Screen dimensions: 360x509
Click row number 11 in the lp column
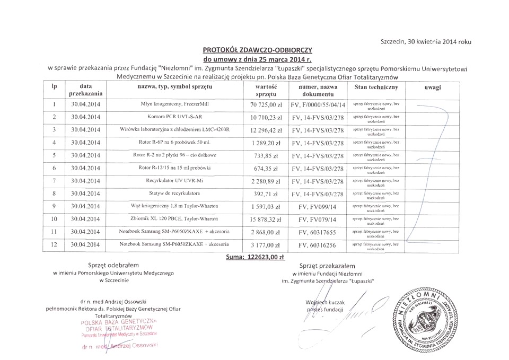55,232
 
